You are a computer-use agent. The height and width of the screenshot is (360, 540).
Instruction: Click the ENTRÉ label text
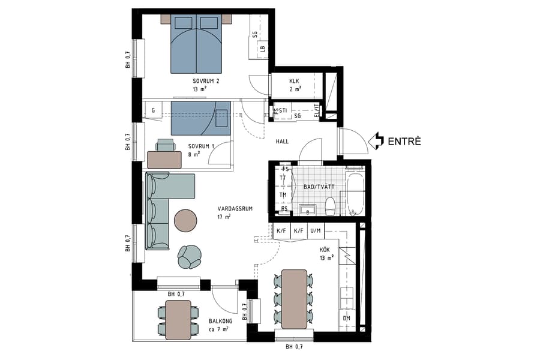[x=404, y=142]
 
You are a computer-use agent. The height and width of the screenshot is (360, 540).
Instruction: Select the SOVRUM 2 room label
[x=206, y=81]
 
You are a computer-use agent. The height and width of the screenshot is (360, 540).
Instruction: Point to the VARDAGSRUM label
[x=235, y=209]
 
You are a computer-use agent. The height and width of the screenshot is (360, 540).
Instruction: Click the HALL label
[x=282, y=142]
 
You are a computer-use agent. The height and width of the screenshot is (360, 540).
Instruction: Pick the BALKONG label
[x=221, y=321]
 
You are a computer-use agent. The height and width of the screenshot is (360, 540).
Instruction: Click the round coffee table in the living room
[x=185, y=220]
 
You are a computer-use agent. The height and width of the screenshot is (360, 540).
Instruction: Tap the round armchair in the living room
[x=190, y=256]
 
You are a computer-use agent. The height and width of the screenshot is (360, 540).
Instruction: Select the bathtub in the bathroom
[x=355, y=193]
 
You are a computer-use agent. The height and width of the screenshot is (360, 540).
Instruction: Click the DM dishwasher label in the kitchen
[x=346, y=318]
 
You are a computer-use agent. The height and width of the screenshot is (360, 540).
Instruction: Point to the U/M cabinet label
[x=316, y=231]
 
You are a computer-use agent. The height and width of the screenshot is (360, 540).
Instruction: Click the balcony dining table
[x=178, y=320]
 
